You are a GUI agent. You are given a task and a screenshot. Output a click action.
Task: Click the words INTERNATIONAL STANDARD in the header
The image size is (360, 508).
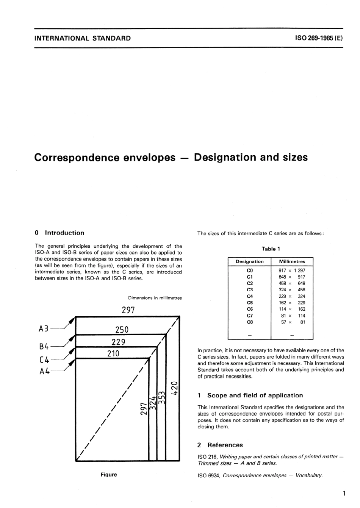(x=82, y=38)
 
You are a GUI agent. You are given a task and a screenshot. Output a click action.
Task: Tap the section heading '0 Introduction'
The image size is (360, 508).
(x=59, y=233)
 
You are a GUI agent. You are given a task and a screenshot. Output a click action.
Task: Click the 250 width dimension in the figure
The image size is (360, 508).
(x=122, y=330)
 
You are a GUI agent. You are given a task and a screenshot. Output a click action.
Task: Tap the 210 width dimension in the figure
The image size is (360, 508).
(x=113, y=354)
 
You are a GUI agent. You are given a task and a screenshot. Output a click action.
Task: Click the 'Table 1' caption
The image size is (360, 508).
(x=271, y=249)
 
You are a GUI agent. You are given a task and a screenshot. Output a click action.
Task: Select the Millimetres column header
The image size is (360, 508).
(x=292, y=261)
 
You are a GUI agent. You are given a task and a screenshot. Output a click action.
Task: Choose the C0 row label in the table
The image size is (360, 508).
(x=249, y=270)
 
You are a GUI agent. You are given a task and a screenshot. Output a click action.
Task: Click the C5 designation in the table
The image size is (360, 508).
(x=249, y=303)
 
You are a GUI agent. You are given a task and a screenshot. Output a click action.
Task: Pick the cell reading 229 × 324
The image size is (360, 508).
(x=292, y=296)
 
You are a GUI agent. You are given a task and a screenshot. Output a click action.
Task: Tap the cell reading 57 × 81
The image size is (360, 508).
(x=292, y=322)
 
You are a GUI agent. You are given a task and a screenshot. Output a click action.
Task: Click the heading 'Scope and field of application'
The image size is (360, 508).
(x=255, y=395)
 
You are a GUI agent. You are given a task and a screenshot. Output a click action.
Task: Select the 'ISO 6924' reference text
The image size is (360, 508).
(x=209, y=475)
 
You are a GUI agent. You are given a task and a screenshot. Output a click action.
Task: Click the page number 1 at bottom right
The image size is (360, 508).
(x=344, y=493)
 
